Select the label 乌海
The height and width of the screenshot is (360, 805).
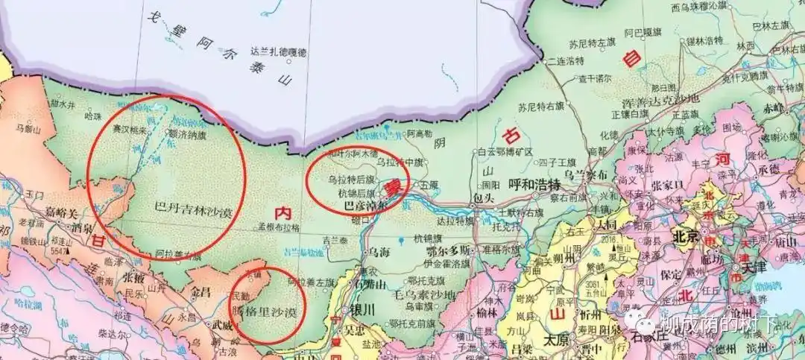click(x=379, y=253)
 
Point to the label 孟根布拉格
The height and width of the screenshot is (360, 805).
click(x=277, y=227)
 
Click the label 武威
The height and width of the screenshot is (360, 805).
click(x=222, y=324)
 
